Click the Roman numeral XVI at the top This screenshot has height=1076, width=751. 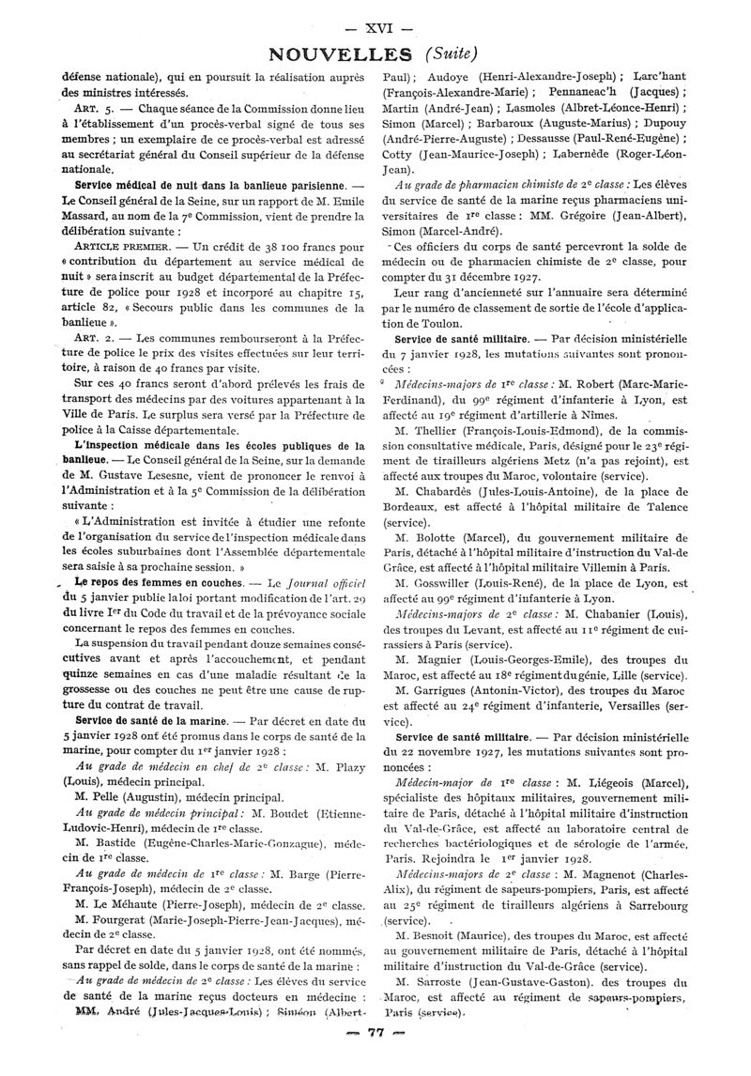tap(375, 26)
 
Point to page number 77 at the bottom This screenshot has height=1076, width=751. tap(376, 1059)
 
